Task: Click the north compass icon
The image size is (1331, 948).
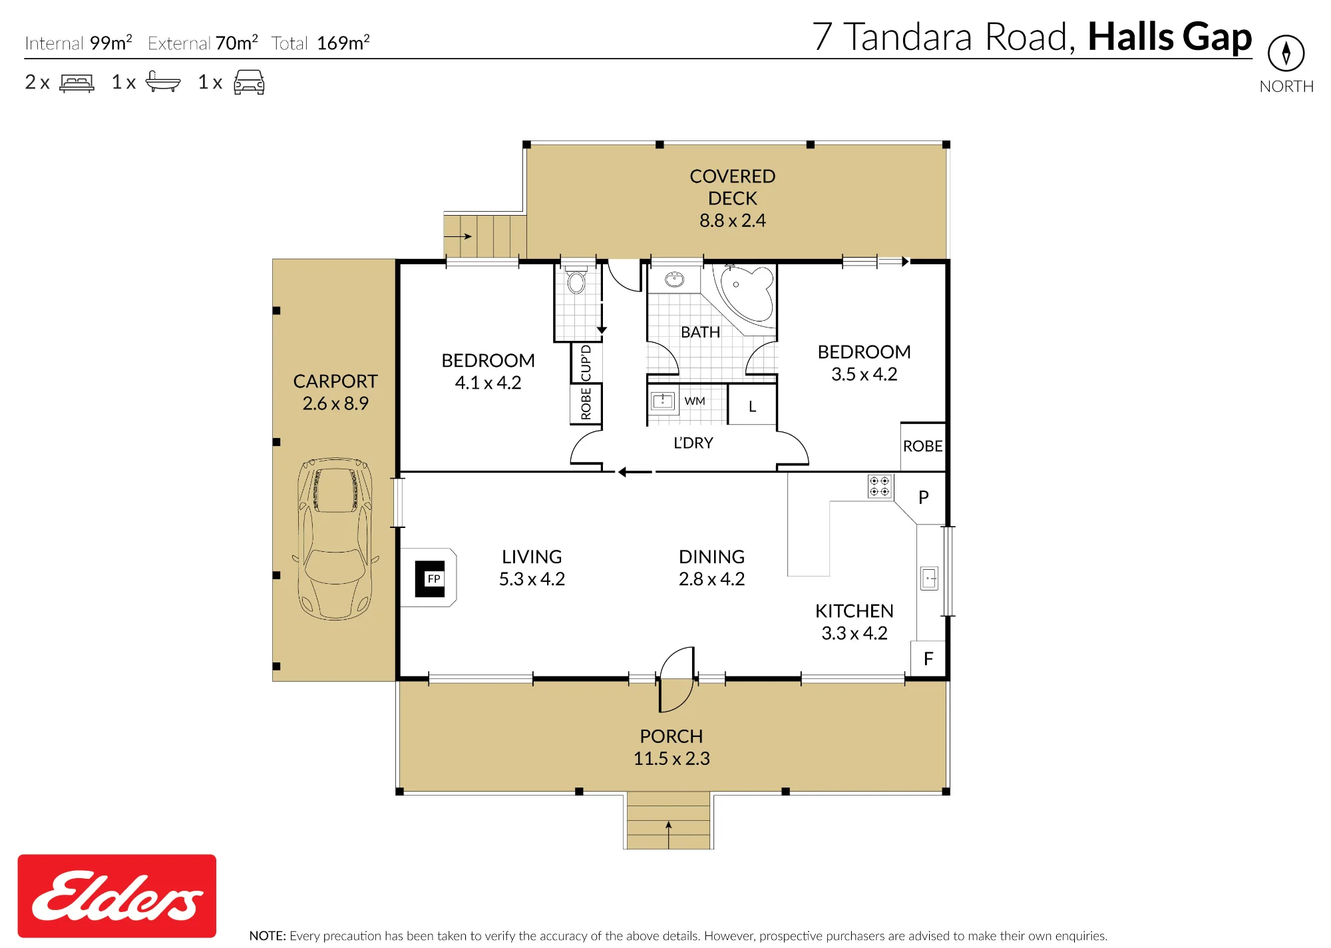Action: click(1286, 53)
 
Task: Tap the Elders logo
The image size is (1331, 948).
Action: click(117, 895)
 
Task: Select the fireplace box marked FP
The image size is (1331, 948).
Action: click(430, 579)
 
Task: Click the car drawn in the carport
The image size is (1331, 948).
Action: click(336, 539)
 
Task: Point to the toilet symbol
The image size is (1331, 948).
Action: click(576, 280)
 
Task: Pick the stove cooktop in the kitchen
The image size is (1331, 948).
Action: click(879, 486)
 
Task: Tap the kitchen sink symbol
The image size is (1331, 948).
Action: click(929, 578)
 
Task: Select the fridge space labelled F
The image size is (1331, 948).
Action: click(928, 659)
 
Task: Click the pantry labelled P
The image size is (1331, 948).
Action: click(923, 497)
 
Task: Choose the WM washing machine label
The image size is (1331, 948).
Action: click(694, 401)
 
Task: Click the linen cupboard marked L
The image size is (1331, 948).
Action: click(752, 405)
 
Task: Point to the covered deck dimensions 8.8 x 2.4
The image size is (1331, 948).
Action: click(732, 220)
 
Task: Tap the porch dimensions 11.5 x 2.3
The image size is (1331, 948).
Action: click(671, 758)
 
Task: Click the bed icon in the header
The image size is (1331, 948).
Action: click(77, 83)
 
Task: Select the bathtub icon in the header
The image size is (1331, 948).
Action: click(163, 81)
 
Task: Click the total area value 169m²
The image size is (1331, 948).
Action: click(343, 43)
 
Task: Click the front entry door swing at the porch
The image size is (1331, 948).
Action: click(677, 679)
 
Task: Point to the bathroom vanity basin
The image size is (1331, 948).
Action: click(674, 279)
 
